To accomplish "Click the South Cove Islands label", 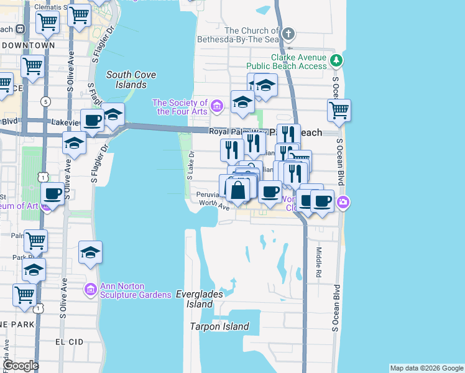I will click(131, 80).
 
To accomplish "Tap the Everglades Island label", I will click(194, 299).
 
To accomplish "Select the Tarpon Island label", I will click(219, 327).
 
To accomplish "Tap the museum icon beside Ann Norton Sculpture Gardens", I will click(90, 289).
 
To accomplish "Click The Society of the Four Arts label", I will click(180, 107).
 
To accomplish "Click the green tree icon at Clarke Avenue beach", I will click(336, 60).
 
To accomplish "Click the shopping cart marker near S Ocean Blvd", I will click(339, 111).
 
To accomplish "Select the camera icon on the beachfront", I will click(343, 202).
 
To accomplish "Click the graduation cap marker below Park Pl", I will click(34, 270).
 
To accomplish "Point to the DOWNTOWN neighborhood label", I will click(29, 45).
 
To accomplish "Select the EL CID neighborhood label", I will click(69, 342).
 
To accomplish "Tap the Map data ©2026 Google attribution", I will click(426, 368).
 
